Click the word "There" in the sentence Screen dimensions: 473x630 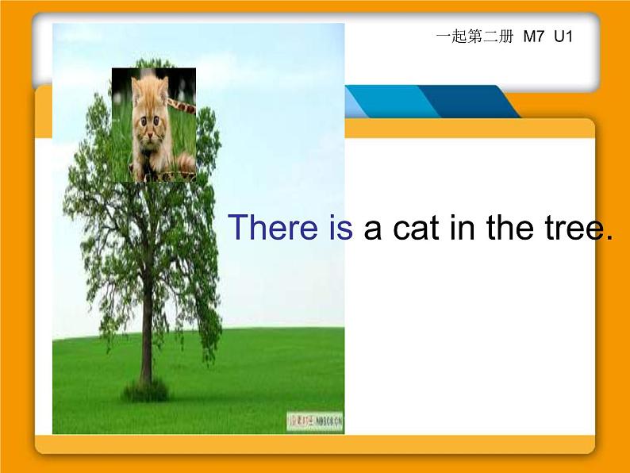point(271,228)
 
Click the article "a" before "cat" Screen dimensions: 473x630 point(373,228)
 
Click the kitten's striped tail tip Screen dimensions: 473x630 point(186,165)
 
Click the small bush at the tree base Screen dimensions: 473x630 point(145,390)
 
